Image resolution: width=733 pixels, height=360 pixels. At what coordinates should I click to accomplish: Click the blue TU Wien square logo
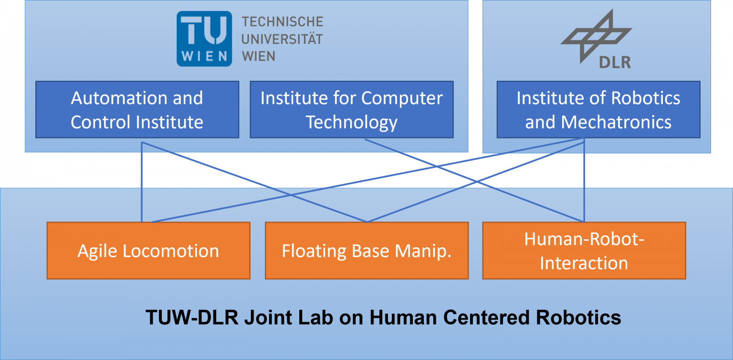pyautogui.click(x=204, y=38)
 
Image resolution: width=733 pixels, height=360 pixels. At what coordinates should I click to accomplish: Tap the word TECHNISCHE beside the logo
pyautogui.click(x=283, y=22)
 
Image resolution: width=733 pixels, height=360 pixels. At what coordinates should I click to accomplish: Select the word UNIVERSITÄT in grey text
pyautogui.click(x=282, y=39)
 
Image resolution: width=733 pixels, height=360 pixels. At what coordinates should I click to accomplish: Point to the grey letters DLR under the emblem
pyautogui.click(x=615, y=62)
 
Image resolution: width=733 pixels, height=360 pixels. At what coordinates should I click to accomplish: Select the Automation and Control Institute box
pyautogui.click(x=137, y=110)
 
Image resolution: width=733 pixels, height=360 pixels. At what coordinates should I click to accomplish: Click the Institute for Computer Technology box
pyautogui.click(x=352, y=110)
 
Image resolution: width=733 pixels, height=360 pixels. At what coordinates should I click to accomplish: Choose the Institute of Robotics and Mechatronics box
pyautogui.click(x=598, y=110)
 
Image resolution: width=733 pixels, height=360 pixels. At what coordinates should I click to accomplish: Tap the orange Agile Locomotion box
pyautogui.click(x=148, y=251)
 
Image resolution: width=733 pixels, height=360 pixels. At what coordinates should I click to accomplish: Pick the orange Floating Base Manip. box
pyautogui.click(x=366, y=251)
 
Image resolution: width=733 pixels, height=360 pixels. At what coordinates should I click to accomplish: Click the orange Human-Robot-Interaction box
pyautogui.click(x=584, y=251)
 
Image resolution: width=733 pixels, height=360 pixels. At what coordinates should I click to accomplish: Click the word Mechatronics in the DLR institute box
pyautogui.click(x=616, y=122)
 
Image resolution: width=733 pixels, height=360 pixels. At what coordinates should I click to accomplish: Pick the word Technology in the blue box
pyautogui.click(x=352, y=122)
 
